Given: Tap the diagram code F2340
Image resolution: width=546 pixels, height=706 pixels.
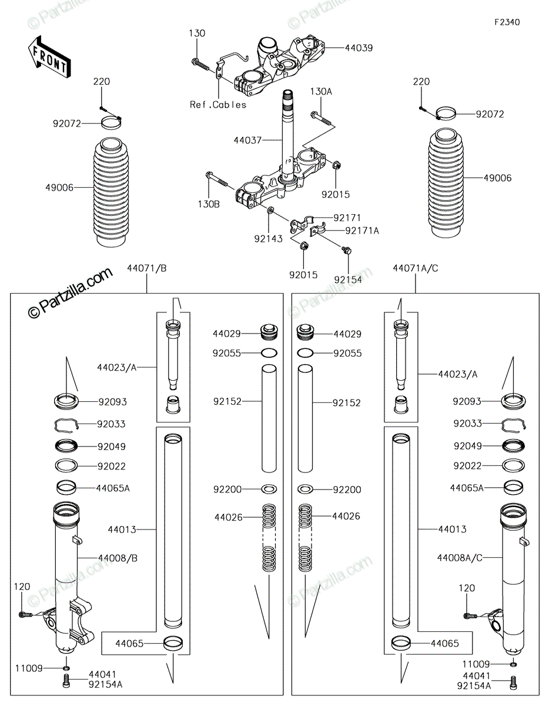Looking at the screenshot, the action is point(507,22).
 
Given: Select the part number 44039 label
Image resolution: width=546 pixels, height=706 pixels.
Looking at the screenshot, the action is point(359,48).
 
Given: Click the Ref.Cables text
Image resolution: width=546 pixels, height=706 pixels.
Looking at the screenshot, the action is point(218,105).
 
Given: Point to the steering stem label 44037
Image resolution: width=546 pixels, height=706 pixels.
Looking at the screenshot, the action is point(247,141).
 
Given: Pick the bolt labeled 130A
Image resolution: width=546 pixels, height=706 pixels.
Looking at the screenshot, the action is point(321,119).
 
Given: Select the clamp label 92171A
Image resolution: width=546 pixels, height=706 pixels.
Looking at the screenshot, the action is point(362,231).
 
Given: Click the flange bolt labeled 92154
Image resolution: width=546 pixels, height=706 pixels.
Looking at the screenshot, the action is point(347,250).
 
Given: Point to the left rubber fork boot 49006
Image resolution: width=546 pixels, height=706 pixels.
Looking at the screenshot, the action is point(111,192).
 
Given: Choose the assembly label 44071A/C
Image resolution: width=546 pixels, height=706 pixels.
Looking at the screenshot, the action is point(416,268).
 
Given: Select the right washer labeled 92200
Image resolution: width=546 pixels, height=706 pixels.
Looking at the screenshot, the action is point(305,489).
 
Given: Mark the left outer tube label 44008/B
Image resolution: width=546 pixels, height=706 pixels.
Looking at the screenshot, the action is point(118,558).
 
